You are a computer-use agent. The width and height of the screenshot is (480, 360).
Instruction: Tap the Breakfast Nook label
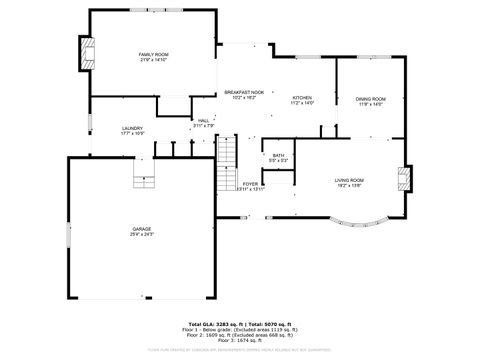[244, 92]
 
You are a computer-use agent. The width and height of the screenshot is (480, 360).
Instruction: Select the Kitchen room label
[302, 97]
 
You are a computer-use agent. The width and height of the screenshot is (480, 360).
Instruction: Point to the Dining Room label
[370, 99]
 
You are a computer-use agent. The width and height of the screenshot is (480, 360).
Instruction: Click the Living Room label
[349, 180]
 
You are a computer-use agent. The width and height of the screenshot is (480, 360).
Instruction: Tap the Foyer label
[251, 184]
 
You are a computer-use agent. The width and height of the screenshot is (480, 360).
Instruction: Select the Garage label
[141, 230]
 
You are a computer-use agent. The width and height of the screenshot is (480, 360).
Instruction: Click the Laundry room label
[132, 129]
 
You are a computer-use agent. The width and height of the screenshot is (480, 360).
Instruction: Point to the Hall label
[203, 120]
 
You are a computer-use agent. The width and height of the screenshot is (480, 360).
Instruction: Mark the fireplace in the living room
[403, 179]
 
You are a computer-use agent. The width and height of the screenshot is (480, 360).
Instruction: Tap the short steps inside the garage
[146, 179]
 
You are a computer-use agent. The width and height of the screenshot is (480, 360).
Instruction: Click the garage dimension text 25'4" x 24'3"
[141, 236]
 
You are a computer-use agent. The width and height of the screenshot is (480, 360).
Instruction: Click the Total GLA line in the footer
[240, 323]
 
